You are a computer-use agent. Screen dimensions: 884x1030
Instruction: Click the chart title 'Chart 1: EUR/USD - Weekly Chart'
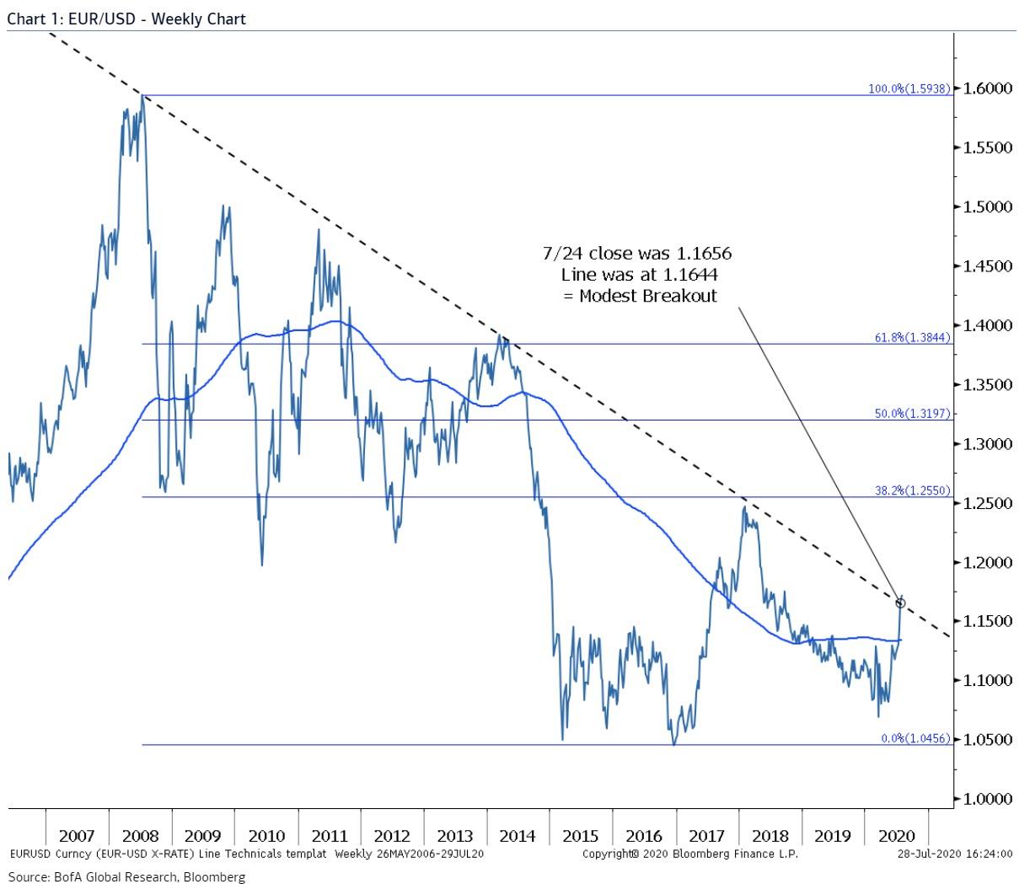coord(126,18)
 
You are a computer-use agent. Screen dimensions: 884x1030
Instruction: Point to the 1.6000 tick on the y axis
coord(987,88)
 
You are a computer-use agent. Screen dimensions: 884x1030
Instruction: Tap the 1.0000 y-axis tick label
coord(987,799)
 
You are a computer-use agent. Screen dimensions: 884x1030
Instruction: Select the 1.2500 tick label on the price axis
coord(987,503)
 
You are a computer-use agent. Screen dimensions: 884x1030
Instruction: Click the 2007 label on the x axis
coord(77,835)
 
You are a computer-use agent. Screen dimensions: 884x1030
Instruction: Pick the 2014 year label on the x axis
coord(518,835)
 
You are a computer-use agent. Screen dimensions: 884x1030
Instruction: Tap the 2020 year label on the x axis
coord(896,835)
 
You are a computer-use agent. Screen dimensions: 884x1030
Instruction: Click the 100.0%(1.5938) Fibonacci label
coord(909,88)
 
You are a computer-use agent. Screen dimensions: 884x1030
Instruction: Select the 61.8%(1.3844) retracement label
coord(912,337)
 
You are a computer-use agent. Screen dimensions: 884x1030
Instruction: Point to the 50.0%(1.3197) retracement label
coord(912,414)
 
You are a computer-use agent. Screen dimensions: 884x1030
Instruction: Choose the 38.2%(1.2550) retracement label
coord(912,490)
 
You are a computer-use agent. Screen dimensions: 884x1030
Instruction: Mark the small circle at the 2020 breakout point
coord(900,603)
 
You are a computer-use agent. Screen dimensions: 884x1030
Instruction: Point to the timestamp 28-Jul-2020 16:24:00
coord(954,854)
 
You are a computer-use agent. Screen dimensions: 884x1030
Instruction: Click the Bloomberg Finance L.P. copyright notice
coord(689,854)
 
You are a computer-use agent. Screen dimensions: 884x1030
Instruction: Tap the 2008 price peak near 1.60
coord(142,97)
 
